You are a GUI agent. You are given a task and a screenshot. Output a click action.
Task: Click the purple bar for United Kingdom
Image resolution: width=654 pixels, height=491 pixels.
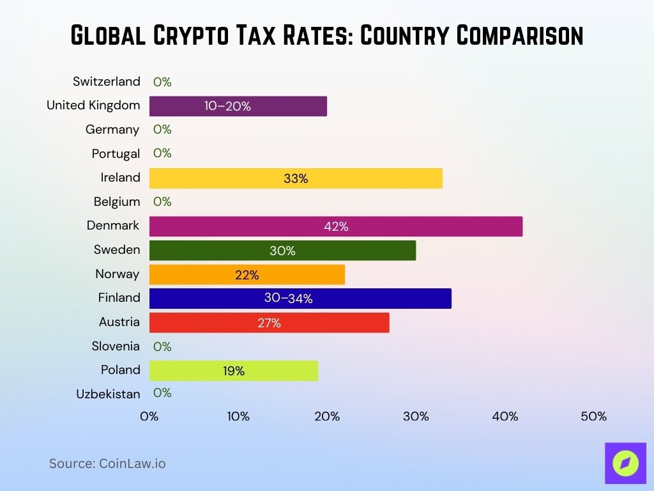point(238,106)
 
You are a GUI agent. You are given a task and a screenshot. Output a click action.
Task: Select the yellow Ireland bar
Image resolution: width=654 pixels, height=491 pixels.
point(296,178)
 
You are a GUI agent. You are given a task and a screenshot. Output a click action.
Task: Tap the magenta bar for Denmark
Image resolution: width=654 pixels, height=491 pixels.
point(335,226)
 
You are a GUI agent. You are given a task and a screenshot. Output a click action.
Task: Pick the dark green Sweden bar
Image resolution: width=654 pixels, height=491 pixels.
point(282,251)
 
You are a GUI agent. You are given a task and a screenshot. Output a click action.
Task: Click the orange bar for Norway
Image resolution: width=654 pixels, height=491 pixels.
point(247,274)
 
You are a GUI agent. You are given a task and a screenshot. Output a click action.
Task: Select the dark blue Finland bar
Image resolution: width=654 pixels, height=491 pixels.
point(300,299)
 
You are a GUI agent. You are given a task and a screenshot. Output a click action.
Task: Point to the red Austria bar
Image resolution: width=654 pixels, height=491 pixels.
point(269,323)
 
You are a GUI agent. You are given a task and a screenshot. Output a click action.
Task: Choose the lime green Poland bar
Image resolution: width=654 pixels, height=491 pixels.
point(233,371)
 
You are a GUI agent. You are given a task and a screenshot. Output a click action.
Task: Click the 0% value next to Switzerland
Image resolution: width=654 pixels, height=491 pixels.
point(162,82)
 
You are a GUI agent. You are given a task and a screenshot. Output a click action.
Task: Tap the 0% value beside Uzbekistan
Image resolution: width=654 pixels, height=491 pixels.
point(162,393)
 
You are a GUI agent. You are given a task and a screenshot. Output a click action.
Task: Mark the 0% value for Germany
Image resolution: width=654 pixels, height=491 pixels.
point(162,130)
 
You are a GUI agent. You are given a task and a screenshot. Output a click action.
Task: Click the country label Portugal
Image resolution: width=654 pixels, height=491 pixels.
point(116,153)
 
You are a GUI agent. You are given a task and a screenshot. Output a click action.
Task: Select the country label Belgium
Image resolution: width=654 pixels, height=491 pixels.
point(117,202)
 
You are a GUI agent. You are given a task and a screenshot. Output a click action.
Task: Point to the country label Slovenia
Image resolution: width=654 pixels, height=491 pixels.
point(115,347)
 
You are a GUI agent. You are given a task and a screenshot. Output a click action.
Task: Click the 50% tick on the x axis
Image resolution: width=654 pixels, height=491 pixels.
point(593,417)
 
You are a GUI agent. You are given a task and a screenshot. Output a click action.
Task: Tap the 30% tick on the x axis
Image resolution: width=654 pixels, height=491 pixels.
point(416,417)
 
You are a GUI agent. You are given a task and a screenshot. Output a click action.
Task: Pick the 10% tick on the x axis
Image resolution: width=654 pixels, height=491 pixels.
point(238,417)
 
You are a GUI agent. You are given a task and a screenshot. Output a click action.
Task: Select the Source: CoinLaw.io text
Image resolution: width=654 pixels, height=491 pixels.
point(107,464)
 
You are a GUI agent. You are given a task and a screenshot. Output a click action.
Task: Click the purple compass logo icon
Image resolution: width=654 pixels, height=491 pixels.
point(625,463)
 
